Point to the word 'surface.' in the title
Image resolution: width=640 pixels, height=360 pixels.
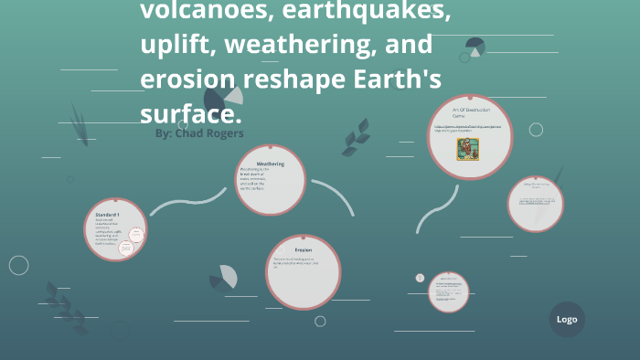(x=190, y=113)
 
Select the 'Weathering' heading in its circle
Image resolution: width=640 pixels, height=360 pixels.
(x=270, y=164)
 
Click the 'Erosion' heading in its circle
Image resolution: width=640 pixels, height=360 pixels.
(x=303, y=249)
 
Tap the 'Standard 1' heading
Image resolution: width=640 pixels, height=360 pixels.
(x=107, y=213)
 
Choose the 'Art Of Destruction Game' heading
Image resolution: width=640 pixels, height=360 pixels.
(x=470, y=112)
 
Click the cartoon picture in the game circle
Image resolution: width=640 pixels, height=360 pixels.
(x=468, y=147)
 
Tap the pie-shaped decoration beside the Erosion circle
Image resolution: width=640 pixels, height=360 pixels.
(x=224, y=277)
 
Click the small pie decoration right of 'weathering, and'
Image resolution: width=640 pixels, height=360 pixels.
(x=475, y=47)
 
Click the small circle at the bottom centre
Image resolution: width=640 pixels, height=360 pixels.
(x=419, y=278)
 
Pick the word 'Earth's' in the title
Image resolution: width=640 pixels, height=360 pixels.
(x=399, y=79)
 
